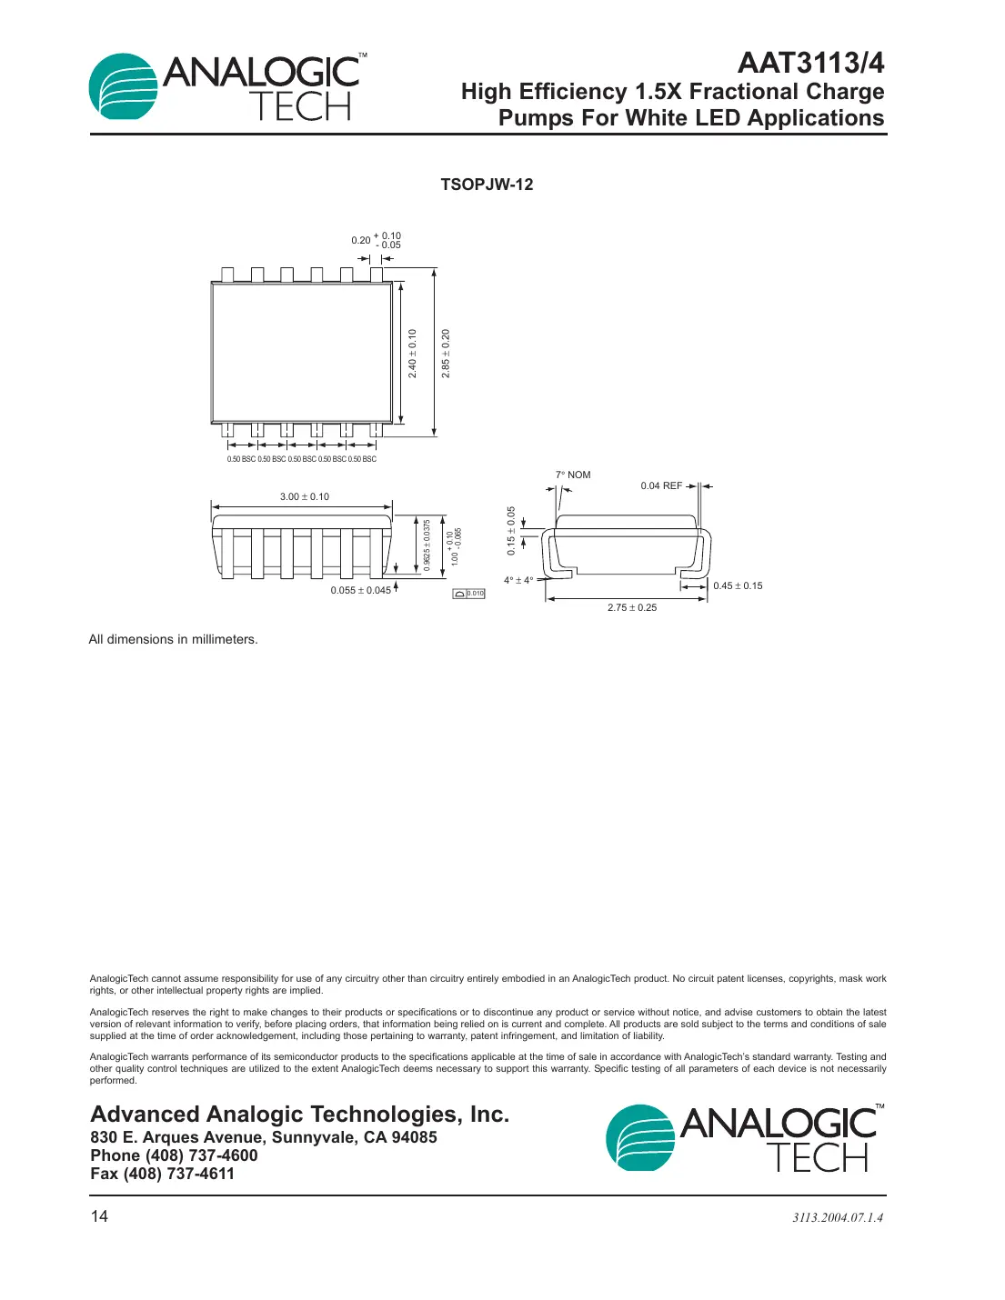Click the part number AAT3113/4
(x=809, y=63)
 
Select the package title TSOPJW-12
(x=487, y=185)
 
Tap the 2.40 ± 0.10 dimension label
(x=412, y=354)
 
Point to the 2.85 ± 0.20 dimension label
(x=446, y=354)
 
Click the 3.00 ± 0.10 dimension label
(x=305, y=496)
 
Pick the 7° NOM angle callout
(x=573, y=475)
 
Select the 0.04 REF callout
(x=661, y=485)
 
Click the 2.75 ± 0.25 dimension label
(x=632, y=607)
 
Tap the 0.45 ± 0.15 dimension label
(x=738, y=585)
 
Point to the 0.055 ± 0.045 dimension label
(x=360, y=590)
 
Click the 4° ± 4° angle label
(x=518, y=580)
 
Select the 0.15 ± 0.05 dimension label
(x=511, y=531)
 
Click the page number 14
(x=99, y=1216)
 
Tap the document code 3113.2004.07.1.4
(x=838, y=1217)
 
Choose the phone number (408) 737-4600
(x=174, y=1155)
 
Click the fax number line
(x=163, y=1174)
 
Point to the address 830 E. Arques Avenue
(x=264, y=1137)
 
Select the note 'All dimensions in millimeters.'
(x=173, y=639)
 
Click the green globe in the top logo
(x=122, y=87)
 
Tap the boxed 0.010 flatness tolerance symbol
(x=469, y=594)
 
